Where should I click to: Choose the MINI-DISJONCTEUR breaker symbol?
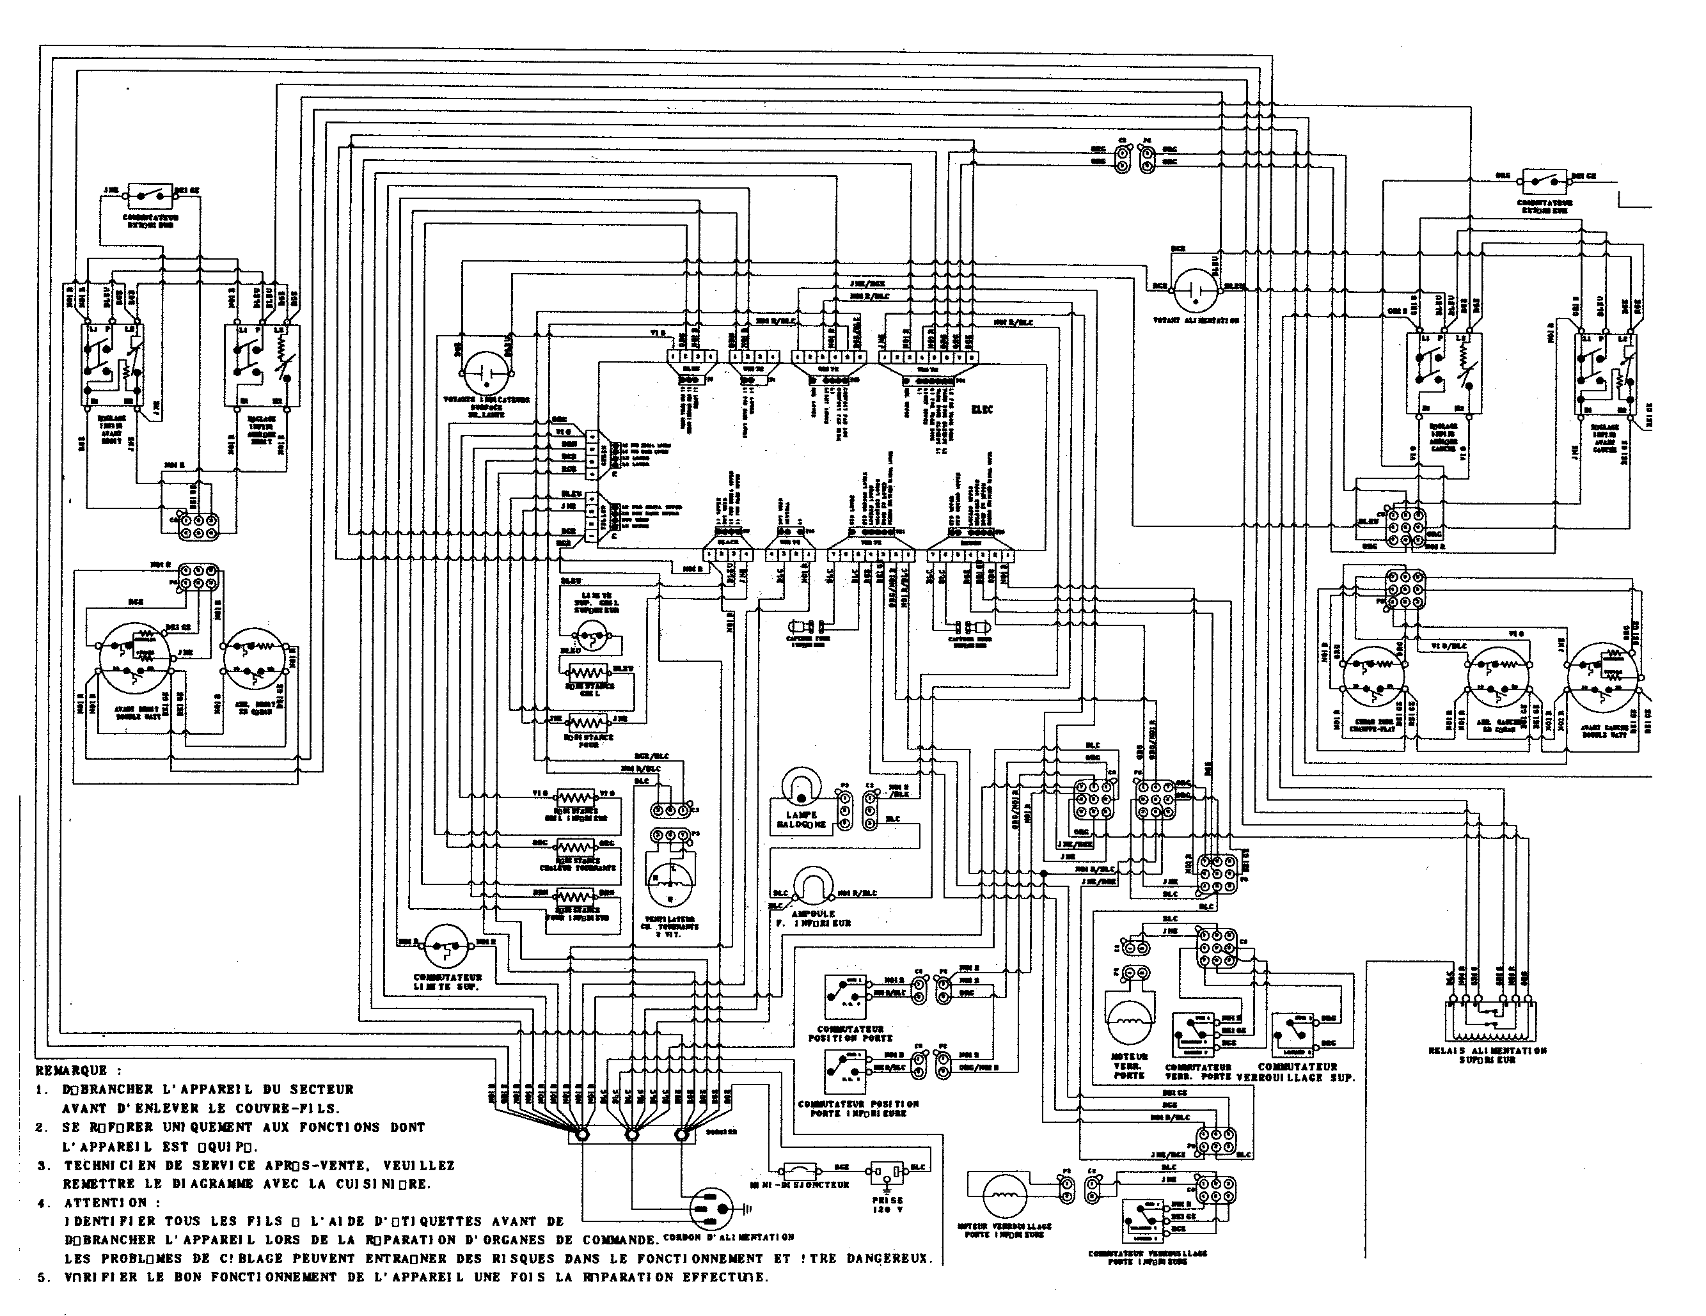point(802,1170)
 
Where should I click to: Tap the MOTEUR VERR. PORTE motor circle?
point(1130,1019)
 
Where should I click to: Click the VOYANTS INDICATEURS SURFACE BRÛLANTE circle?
point(487,373)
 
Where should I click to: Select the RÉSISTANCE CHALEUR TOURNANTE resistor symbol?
point(575,847)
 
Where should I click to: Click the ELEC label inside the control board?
point(982,409)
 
